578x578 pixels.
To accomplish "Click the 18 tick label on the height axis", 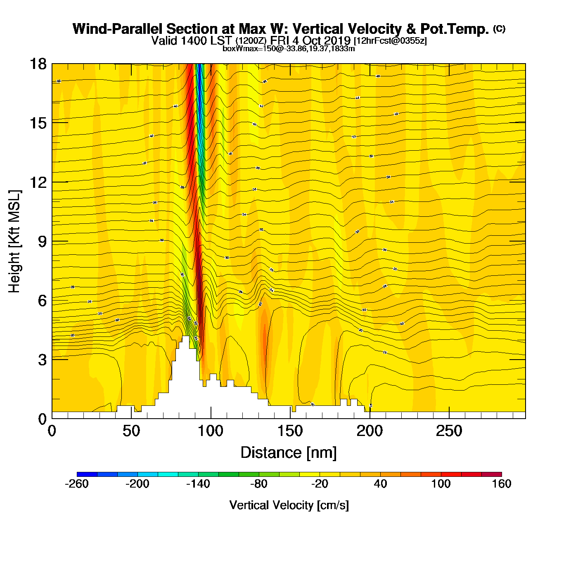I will pos(38,64).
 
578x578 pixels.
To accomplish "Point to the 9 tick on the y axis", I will pos(43,242).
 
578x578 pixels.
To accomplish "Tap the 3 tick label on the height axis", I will pos(43,360).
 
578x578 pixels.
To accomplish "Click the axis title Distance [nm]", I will pos(289,453).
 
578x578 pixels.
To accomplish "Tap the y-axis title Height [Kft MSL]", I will pos(14,242).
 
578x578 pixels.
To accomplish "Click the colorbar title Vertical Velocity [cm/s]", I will pos(289,505).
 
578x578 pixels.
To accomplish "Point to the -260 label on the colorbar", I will pos(77,484).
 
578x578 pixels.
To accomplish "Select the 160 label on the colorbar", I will pos(502,484).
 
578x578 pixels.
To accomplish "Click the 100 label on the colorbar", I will pos(441,484).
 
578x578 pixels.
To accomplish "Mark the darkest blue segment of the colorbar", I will pos(87,474).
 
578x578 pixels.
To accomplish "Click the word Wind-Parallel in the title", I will pos(118,29).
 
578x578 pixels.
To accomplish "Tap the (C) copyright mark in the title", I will pos(499,28).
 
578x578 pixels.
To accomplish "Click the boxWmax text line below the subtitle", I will pos(289,49).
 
